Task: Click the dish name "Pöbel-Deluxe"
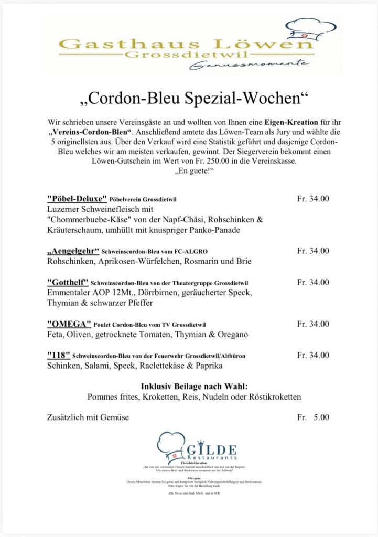77,199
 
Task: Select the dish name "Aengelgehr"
73,251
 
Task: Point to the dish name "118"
58,356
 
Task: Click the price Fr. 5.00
313,417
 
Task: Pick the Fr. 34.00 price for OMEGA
313,324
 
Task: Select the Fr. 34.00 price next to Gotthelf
313,283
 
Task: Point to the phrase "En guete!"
189,171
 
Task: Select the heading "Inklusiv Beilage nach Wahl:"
194,386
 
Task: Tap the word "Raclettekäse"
176,366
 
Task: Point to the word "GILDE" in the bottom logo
212,450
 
